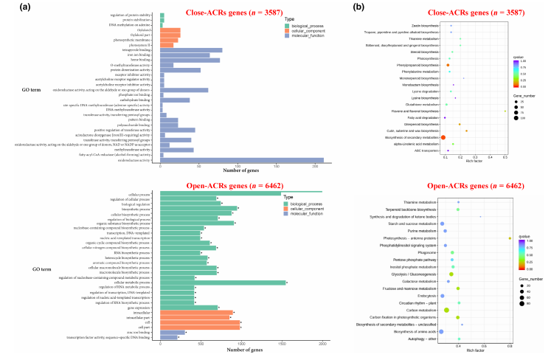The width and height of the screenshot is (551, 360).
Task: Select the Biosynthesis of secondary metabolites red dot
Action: (x=443, y=137)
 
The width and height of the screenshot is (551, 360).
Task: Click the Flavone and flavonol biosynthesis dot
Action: (x=505, y=111)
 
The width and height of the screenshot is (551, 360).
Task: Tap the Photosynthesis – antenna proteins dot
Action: (x=510, y=238)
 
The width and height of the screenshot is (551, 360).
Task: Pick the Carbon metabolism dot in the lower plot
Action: (x=446, y=309)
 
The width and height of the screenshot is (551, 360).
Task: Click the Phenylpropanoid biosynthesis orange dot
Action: (x=448, y=66)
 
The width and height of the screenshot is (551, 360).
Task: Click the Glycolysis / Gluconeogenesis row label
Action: (x=420, y=274)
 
